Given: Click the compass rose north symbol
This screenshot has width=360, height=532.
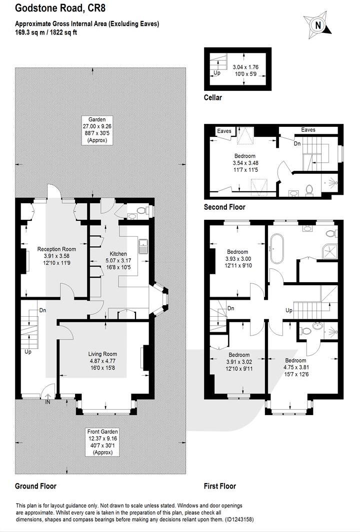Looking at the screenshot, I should [316, 24].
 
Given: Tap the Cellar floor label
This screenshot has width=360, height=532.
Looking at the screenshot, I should [212, 97].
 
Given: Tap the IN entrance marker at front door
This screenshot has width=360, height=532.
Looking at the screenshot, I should [47, 401].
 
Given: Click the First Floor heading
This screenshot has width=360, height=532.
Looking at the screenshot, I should [219, 486].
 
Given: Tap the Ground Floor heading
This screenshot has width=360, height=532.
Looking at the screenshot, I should [35, 486].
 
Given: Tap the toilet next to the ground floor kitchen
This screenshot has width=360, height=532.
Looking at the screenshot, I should [142, 212].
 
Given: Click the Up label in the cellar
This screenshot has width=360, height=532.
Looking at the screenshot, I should [216, 72].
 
